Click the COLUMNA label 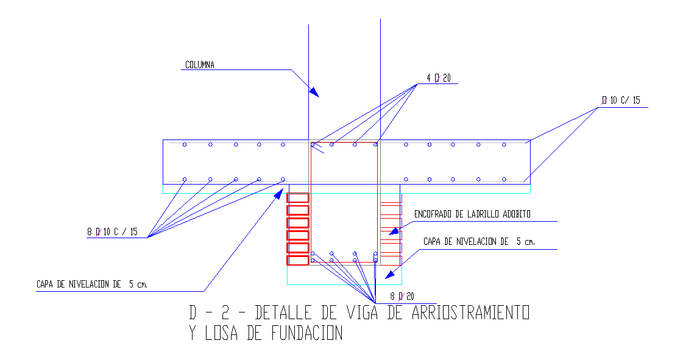pos(199,65)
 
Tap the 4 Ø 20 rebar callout pos(438,78)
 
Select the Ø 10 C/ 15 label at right pos(620,101)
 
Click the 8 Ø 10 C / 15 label pos(113,231)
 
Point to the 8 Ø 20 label pos(402,297)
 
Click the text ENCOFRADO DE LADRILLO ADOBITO pos(472,214)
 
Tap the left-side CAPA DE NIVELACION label pos(91,284)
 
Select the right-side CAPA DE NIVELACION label pos(479,242)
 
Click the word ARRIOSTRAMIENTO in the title pos(470,313)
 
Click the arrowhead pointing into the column pos(313,92)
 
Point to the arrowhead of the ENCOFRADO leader pos(394,231)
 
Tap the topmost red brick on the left pos(298,198)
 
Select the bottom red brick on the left pos(298,260)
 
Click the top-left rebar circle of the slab pos(185,144)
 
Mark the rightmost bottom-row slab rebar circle pos(504,179)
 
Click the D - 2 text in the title pos(211,313)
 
